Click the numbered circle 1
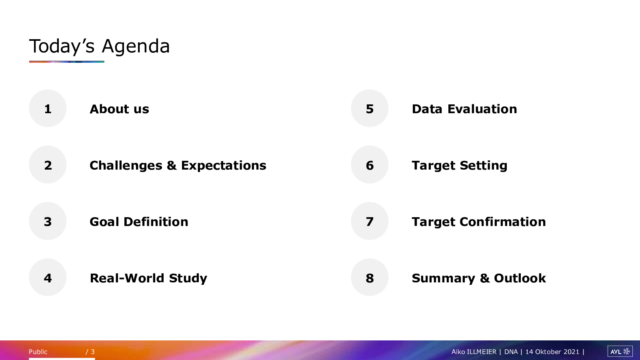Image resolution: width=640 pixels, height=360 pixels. click(48, 108)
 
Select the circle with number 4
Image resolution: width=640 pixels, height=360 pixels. click(48, 278)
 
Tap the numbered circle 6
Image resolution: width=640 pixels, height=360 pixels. click(370, 164)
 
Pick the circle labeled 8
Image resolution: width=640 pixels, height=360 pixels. click(370, 278)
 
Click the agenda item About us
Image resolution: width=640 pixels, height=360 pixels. click(120, 109)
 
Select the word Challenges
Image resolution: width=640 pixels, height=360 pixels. click(126, 166)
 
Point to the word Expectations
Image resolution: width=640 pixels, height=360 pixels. click(224, 166)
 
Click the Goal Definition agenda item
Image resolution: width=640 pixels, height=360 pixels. click(139, 222)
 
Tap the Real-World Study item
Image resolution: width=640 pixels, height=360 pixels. click(148, 278)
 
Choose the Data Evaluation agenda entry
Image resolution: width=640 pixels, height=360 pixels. click(464, 109)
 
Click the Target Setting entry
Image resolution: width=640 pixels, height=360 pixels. click(460, 166)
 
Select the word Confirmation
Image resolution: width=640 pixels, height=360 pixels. click(503, 222)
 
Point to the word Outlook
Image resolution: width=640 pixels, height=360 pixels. click(520, 278)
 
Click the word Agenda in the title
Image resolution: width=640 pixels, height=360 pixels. click(136, 47)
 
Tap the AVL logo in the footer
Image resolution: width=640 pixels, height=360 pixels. click(620, 352)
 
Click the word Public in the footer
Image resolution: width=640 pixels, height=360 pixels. click(38, 352)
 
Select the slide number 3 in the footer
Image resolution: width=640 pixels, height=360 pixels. click(92, 352)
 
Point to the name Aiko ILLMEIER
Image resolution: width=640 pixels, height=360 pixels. click(474, 352)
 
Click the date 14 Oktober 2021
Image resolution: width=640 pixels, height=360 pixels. click(552, 352)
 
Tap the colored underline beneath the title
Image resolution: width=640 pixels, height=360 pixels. click(66, 62)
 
